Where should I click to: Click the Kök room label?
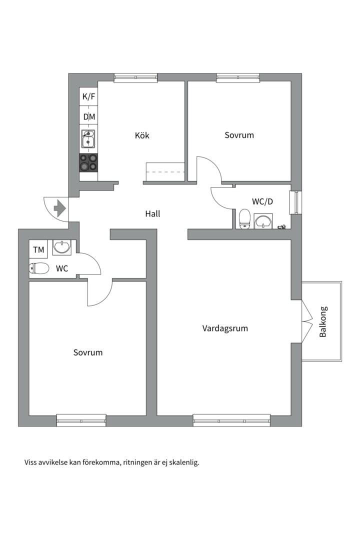(142, 135)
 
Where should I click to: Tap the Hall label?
(152, 214)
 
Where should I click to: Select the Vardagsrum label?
(225, 328)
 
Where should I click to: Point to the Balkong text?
(323, 321)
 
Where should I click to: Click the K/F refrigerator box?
(88, 97)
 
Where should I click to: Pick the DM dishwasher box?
(89, 116)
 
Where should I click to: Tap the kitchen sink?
(88, 139)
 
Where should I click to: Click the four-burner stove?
(88, 162)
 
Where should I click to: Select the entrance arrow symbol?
(60, 208)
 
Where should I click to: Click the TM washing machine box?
(38, 249)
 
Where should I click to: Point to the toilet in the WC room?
(39, 268)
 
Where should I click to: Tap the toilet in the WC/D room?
(244, 219)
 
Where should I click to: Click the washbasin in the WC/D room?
(263, 221)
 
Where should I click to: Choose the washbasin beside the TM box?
(62, 247)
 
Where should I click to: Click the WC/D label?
(262, 202)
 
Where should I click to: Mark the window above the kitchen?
(135, 78)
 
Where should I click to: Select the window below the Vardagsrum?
(231, 421)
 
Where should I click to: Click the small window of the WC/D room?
(296, 202)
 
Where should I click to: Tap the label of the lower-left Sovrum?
(88, 352)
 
